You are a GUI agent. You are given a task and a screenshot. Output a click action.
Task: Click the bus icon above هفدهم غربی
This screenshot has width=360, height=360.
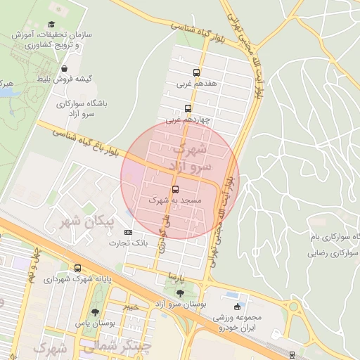(x=196, y=72)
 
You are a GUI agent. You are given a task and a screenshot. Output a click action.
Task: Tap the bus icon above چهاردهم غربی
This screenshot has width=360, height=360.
(x=188, y=108)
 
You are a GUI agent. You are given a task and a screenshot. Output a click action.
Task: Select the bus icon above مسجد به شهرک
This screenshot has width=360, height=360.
(x=175, y=189)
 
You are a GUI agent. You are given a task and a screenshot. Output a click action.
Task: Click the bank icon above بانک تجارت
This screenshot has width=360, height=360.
(x=128, y=232)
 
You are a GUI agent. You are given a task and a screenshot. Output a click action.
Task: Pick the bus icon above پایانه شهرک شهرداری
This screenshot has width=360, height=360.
(x=77, y=268)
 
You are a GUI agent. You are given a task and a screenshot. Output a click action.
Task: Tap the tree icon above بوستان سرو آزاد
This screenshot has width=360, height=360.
(x=181, y=292)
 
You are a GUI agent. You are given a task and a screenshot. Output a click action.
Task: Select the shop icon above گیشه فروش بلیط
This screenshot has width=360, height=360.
(x=65, y=69)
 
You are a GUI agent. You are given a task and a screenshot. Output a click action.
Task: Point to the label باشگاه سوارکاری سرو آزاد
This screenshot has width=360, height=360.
(x=82, y=108)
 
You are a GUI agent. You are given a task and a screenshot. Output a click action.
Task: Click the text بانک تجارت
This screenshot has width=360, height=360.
(x=128, y=243)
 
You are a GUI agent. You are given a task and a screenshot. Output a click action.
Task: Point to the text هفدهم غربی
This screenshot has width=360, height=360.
(x=196, y=83)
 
